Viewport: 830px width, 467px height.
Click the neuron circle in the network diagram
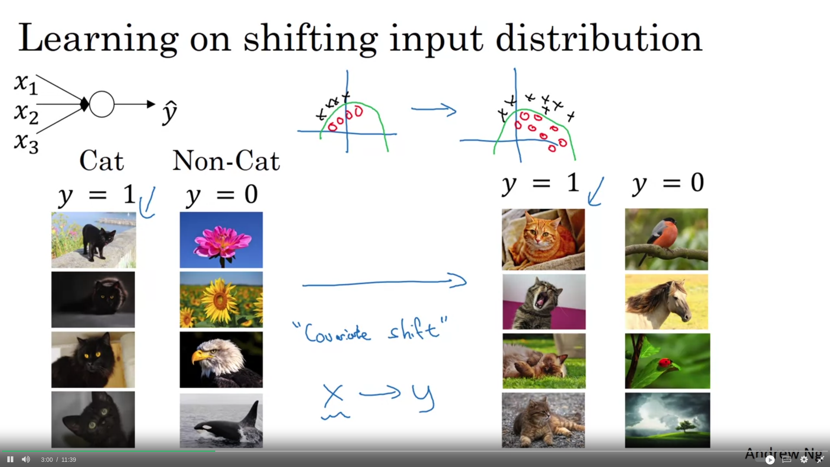point(102,104)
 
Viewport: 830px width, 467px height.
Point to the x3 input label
point(26,143)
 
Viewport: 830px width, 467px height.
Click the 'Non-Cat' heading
point(226,161)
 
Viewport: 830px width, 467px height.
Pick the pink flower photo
point(221,240)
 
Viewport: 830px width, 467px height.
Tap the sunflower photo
point(221,300)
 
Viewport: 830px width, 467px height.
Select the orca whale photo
point(221,420)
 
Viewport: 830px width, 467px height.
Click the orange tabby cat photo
point(543,240)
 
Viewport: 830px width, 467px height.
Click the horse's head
point(679,302)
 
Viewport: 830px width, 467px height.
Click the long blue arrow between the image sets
point(384,282)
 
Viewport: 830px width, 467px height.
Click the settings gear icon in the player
point(804,459)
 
